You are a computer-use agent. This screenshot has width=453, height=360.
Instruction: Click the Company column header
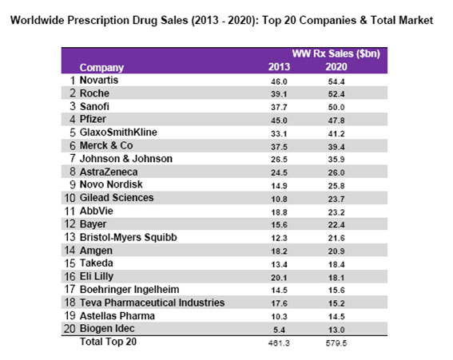click(101, 68)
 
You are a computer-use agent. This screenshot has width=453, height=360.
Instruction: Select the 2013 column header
click(279, 67)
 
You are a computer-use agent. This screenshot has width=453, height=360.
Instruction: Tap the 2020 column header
click(336, 67)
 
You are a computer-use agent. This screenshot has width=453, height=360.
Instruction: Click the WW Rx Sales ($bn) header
click(336, 53)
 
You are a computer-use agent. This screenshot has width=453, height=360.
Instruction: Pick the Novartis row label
click(99, 80)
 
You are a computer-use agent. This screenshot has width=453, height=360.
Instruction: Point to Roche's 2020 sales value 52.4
click(336, 94)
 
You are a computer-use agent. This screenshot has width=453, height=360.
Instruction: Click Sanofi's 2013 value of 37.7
click(279, 108)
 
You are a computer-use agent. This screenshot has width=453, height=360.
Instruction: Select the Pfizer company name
click(93, 119)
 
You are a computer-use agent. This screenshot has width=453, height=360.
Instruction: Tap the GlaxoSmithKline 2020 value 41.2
click(336, 134)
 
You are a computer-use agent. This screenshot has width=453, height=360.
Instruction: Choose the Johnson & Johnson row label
click(126, 159)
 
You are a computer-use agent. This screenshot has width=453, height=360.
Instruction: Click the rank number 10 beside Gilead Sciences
click(70, 198)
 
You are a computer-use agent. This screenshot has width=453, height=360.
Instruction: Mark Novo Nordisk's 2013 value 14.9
click(279, 186)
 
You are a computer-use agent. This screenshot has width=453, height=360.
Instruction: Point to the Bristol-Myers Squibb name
click(129, 237)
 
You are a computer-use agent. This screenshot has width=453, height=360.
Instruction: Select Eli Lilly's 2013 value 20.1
click(279, 278)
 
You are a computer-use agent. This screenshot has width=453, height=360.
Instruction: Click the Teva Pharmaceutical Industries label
click(152, 303)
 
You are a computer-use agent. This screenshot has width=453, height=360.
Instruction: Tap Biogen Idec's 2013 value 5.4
click(279, 330)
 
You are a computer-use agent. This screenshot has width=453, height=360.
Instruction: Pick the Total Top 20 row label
click(108, 342)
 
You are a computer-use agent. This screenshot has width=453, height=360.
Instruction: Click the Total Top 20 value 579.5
click(336, 343)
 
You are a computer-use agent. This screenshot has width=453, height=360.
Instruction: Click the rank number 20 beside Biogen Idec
click(70, 329)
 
